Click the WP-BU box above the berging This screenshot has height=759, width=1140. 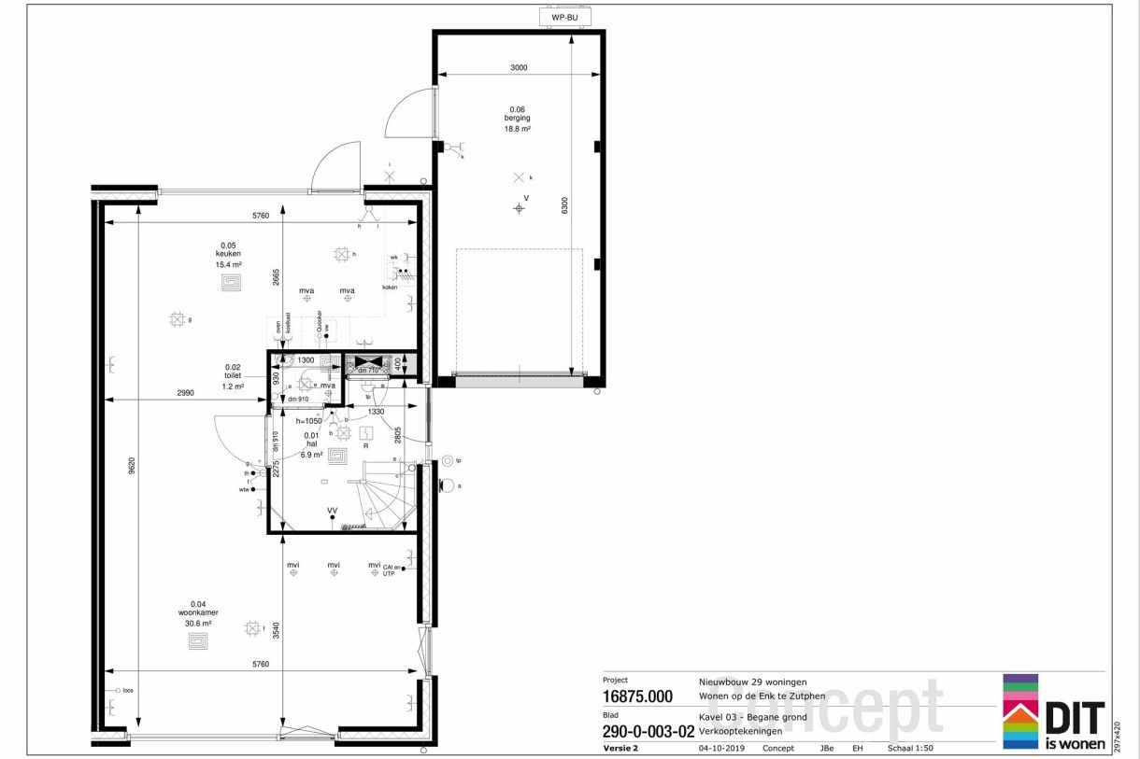[565, 17]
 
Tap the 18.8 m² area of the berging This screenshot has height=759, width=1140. [520, 130]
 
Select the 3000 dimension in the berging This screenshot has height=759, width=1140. [520, 67]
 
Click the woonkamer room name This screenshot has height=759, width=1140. [199, 612]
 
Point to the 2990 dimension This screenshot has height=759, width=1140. [184, 393]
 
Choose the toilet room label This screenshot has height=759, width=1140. [233, 376]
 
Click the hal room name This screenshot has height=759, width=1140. [311, 443]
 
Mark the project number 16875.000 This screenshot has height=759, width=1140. [637, 696]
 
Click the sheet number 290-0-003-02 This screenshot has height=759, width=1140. [648, 732]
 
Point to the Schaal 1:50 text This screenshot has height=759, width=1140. [910, 748]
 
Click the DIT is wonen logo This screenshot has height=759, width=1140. [1054, 713]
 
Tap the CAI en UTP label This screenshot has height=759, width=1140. [389, 569]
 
